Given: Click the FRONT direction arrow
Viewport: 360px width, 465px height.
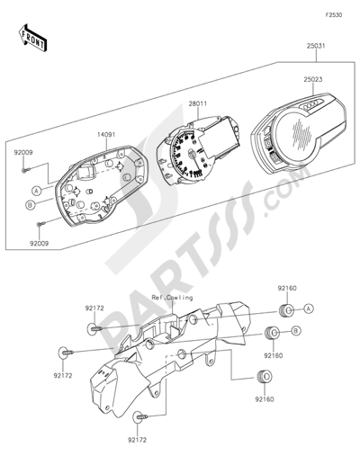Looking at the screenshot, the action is [x=32, y=37].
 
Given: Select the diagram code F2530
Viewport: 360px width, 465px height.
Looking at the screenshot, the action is [x=334, y=15].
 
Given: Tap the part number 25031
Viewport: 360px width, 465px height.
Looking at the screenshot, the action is [x=316, y=46].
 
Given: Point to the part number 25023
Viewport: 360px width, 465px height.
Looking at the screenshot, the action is [x=313, y=80].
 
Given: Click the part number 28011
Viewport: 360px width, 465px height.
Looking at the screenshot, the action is [x=198, y=104].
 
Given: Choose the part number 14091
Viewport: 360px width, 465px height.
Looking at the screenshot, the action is [x=106, y=135].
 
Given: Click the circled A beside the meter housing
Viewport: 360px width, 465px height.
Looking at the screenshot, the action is [x=37, y=191].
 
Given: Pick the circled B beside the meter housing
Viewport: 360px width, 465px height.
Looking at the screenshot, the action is [x=30, y=205].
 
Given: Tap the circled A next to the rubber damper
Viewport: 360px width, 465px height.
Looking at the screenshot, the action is [x=309, y=308].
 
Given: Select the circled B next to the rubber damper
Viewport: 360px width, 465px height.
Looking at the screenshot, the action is [x=296, y=331].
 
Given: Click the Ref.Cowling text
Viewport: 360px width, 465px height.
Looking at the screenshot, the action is [x=172, y=298].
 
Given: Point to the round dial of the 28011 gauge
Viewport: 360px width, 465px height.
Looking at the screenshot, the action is [x=190, y=154].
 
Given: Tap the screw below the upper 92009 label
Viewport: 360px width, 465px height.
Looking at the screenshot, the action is [x=25, y=170].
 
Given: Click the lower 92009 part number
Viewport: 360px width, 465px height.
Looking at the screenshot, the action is [x=39, y=244].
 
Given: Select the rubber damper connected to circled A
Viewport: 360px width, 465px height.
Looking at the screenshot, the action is [x=285, y=310].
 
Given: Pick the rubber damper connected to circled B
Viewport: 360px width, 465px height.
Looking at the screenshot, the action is [x=271, y=332].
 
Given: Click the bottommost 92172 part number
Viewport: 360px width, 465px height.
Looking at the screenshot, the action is [x=138, y=440].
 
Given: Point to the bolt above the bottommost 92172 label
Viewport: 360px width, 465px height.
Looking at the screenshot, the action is [x=140, y=416].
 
